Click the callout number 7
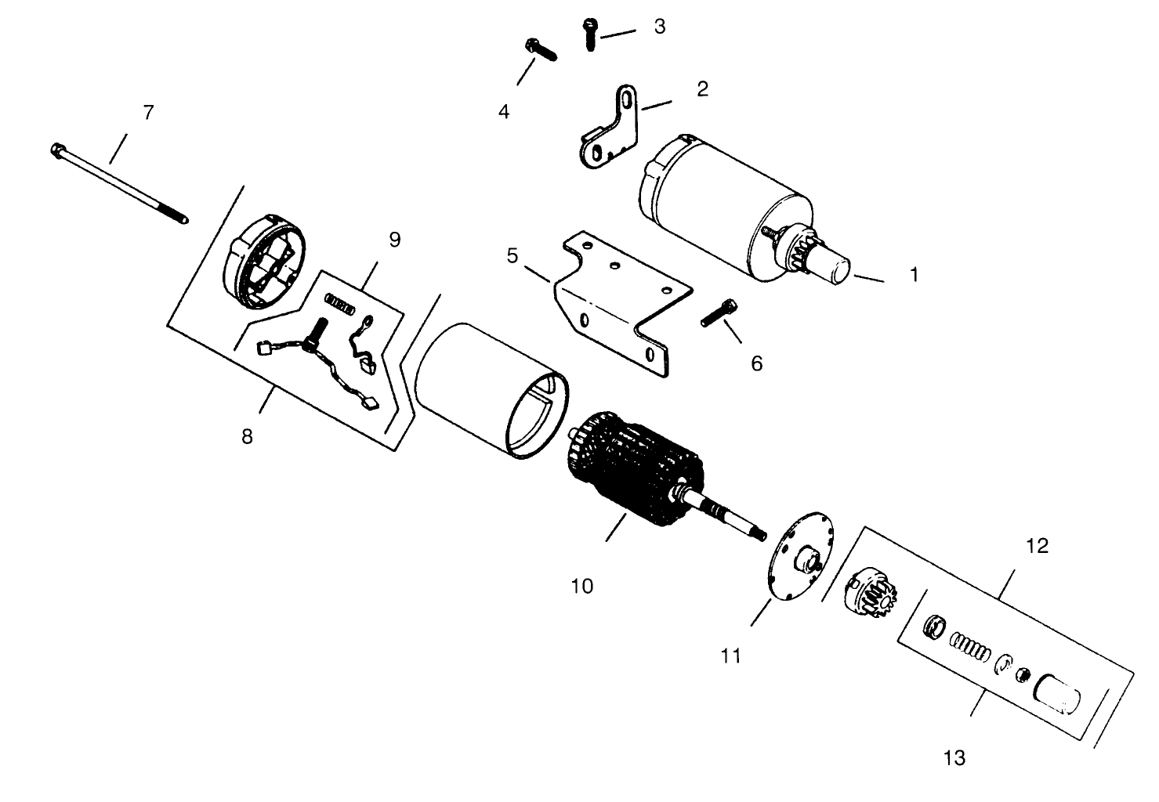tap(148, 112)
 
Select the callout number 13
tap(954, 758)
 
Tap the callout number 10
tap(582, 587)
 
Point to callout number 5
tap(512, 255)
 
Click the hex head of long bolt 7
tap(57, 150)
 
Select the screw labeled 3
tap(590, 34)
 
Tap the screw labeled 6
tap(719, 312)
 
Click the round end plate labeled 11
tap(800, 556)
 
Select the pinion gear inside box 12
tap(871, 593)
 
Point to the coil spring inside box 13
tap(969, 647)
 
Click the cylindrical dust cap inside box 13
tap(1056, 695)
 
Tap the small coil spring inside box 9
tap(340, 305)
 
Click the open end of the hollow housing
tap(537, 416)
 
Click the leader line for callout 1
tap(869, 279)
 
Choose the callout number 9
tap(395, 240)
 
